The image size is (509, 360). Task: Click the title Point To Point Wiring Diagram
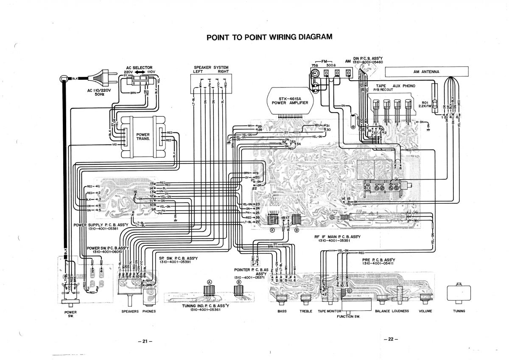point(269,37)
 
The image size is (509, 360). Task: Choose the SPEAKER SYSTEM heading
point(211,70)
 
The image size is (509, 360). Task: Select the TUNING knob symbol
point(459,292)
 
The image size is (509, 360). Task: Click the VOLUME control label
point(425,311)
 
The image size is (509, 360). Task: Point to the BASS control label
point(282,311)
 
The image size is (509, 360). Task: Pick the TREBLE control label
point(306,311)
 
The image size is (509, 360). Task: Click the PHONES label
point(149,311)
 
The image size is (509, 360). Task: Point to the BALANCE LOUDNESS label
point(392,311)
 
